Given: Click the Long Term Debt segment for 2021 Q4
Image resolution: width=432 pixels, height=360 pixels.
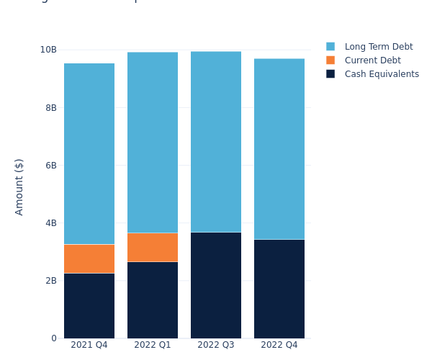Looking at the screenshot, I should (x=89, y=153).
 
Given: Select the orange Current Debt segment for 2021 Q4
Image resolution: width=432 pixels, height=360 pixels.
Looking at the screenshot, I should (x=89, y=258).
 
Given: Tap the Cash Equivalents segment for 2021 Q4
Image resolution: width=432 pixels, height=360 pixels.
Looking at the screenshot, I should (x=89, y=305).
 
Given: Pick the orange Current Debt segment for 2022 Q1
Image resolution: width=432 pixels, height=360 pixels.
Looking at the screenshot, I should (x=153, y=247).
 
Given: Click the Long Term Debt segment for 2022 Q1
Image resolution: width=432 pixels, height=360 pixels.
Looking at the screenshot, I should (x=153, y=142).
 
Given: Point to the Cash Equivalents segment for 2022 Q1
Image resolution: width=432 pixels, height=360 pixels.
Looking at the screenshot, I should (x=153, y=300).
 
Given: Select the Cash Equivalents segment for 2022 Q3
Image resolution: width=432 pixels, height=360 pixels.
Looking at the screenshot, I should (x=216, y=285).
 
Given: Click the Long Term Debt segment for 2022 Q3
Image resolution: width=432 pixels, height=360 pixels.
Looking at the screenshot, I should (x=216, y=142).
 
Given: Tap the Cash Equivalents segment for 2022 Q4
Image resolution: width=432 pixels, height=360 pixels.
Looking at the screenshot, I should (x=279, y=289).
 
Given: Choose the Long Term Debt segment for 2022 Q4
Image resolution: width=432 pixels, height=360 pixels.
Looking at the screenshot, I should (x=279, y=148).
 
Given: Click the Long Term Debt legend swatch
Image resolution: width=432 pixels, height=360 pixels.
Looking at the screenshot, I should (x=330, y=46).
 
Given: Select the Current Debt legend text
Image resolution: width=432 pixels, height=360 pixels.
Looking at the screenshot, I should (x=372, y=60).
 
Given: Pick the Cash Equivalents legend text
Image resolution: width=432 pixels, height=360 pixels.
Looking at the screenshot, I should (x=382, y=74).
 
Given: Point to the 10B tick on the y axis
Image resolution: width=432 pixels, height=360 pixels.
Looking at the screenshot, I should (x=48, y=50).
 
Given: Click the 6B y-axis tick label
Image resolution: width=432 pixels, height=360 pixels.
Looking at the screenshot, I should (x=50, y=165).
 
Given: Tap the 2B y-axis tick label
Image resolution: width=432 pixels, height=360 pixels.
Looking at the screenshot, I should (x=50, y=280).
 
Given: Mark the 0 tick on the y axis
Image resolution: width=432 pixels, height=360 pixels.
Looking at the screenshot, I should (x=54, y=338).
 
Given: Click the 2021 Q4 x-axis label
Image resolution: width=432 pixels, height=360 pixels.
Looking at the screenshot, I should (x=89, y=345).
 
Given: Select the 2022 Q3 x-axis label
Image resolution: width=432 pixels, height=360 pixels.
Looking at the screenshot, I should (x=216, y=345).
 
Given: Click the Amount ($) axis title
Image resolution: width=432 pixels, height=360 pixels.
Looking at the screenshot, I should (x=19, y=186).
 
